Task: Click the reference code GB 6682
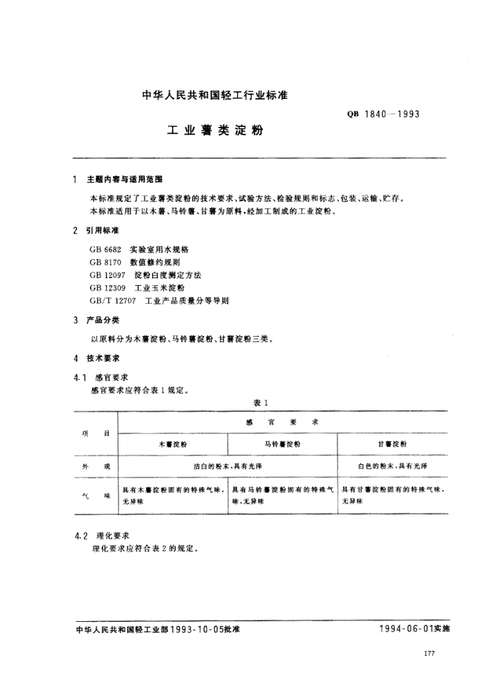pyautogui.click(x=105, y=249)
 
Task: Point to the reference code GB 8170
pyautogui.click(x=105, y=262)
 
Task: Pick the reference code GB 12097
pyautogui.click(x=107, y=275)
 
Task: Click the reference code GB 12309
pyautogui.click(x=107, y=288)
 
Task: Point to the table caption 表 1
pyautogui.click(x=261, y=402)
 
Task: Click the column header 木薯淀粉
pyautogui.click(x=173, y=444)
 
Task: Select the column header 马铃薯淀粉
pyautogui.click(x=282, y=444)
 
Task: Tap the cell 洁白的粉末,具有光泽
pyautogui.click(x=227, y=465)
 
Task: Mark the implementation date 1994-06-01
pyautogui.click(x=407, y=628)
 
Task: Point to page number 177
pyautogui.click(x=429, y=653)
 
